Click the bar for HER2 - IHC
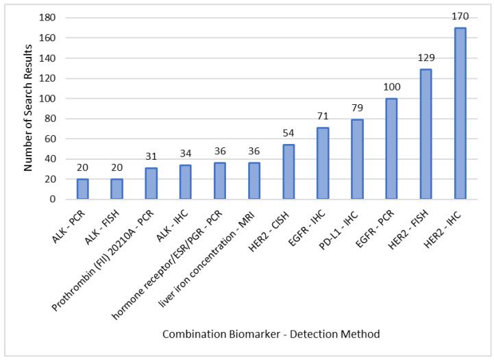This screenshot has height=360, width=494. pyautogui.click(x=460, y=114)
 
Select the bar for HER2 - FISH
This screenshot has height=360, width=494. pyautogui.click(x=425, y=134)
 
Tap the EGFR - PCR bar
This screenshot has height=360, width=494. pyautogui.click(x=391, y=149)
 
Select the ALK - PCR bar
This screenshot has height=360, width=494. pyautogui.click(x=82, y=189)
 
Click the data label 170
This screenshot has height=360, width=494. pyautogui.click(x=460, y=16)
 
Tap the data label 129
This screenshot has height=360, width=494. pyautogui.click(x=425, y=58)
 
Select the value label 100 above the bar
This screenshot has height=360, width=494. pyautogui.click(x=391, y=87)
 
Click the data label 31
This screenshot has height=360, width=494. pyautogui.click(x=151, y=156)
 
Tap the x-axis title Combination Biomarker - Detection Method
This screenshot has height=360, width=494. pyautogui.click(x=271, y=333)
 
